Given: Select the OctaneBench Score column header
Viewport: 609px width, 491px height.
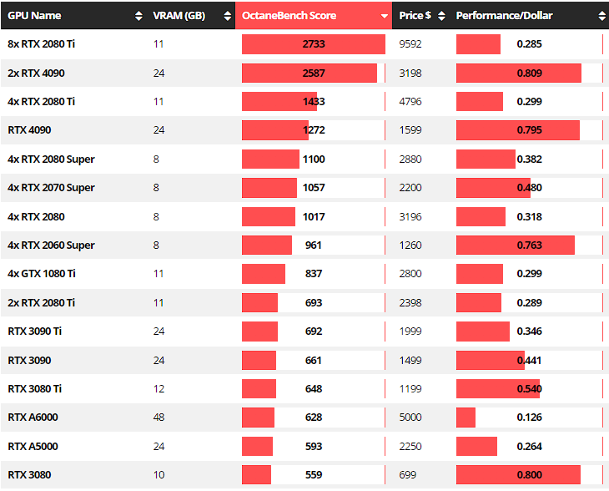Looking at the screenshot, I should click(289, 16).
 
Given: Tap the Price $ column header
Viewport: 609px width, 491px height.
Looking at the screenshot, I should click(415, 16).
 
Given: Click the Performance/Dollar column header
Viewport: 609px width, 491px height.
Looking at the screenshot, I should click(504, 16).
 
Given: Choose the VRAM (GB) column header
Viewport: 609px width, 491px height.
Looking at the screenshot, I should click(180, 16).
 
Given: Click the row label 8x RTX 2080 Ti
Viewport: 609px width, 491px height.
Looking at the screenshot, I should click(42, 44).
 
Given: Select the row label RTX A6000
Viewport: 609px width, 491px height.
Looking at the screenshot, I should click(33, 418).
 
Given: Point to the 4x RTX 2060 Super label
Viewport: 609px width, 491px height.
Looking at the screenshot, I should click(51, 245).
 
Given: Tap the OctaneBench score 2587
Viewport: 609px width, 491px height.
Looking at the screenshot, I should click(314, 73).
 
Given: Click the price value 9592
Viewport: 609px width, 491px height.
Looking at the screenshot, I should click(410, 44).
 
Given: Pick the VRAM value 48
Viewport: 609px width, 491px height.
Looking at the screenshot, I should click(159, 418).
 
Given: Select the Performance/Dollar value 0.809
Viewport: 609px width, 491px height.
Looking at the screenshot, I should click(529, 73).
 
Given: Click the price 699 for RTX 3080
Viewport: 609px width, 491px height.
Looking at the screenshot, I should click(407, 475).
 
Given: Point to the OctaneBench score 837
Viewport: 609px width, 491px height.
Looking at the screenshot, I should click(314, 274).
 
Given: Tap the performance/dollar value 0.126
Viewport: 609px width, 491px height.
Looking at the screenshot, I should click(529, 418).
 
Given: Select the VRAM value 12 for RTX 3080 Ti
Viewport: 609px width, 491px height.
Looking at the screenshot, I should click(159, 389).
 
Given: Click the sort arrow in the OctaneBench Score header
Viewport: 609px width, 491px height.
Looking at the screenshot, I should click(384, 16).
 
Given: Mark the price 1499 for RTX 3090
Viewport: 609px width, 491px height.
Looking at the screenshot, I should click(410, 361).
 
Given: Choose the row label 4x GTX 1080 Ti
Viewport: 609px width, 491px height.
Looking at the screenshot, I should click(42, 274).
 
